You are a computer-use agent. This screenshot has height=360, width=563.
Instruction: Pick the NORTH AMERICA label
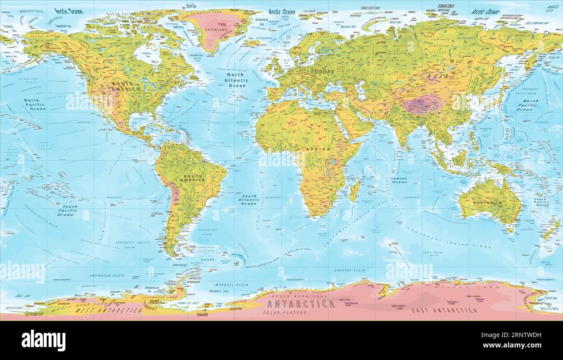click(125, 86)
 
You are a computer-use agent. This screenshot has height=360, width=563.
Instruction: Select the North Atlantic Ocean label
click(237, 80)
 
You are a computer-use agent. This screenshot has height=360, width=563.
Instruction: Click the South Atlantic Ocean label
click(249, 200)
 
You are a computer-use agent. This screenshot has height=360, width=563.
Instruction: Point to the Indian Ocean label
click(399, 180)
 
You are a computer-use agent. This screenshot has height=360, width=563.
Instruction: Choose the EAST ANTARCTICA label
click(444, 311)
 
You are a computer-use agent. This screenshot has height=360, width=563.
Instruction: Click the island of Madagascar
click(355, 191)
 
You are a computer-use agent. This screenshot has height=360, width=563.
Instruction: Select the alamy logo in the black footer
click(43, 341)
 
